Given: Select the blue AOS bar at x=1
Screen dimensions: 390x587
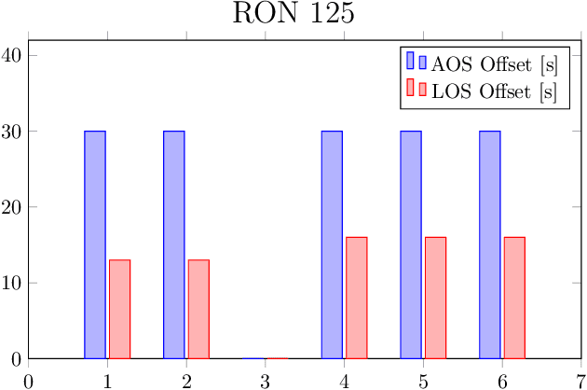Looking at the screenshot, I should [x=95, y=244].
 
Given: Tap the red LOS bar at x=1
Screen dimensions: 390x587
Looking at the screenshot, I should [x=119, y=309].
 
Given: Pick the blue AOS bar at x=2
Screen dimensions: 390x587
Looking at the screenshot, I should [x=174, y=244].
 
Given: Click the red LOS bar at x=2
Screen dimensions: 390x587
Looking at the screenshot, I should [x=198, y=309].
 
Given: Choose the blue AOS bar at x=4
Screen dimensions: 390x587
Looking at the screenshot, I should [x=332, y=244].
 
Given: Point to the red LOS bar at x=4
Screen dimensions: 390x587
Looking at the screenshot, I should [x=357, y=298].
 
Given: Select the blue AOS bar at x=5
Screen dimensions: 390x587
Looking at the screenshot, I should [x=411, y=244].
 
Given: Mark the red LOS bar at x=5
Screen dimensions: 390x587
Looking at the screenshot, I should [x=436, y=298].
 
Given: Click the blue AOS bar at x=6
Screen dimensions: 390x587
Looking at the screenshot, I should [x=490, y=244].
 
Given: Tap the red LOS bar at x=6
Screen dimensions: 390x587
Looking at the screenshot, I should [x=515, y=298].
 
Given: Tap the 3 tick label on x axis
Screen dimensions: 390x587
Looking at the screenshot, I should [x=266, y=381].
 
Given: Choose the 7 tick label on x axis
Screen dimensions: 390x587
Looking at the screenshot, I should [x=580, y=381].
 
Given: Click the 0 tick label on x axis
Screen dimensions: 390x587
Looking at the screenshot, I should [x=29, y=381].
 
